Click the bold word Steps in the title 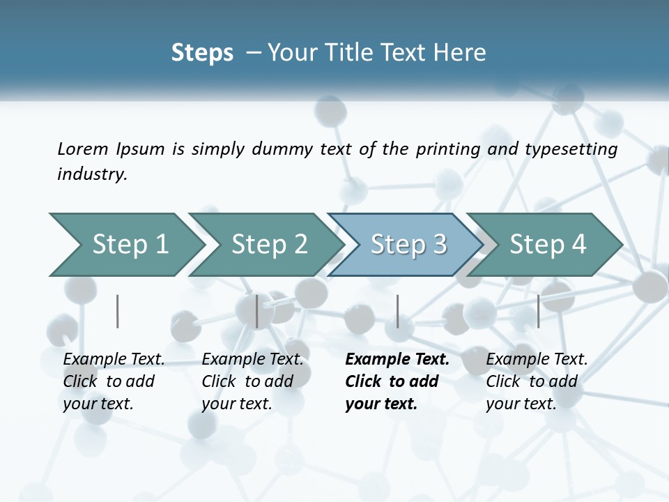202,53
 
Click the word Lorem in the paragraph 83,149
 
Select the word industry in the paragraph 92,174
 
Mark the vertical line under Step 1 117,311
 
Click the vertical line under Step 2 257,311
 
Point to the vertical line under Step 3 397,311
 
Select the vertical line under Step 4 538,311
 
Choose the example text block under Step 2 252,381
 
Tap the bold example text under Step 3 397,381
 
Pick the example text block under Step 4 536,381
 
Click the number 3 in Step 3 438,245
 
